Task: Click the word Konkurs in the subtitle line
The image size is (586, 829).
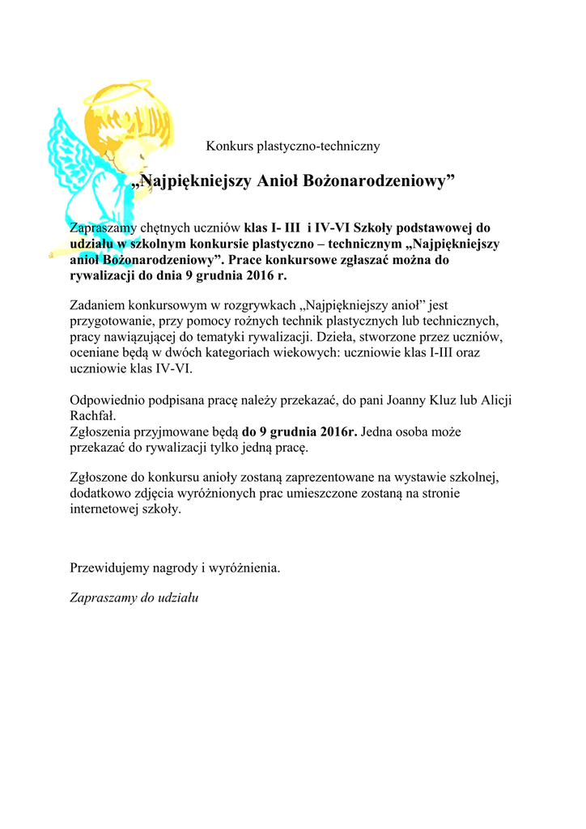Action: tap(230, 147)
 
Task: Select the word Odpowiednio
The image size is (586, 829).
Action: tap(109, 401)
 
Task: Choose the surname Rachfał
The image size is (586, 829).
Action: tap(94, 416)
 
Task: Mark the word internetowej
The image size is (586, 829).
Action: tap(110, 510)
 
